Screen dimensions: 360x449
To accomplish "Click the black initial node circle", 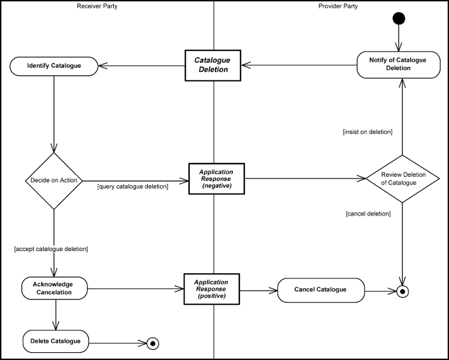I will (399, 19).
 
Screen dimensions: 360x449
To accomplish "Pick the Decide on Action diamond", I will (54, 180).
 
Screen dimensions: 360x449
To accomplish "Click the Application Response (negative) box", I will (216, 179).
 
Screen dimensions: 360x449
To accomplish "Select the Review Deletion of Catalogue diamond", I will (403, 179).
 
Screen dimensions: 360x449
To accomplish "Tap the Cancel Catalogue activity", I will (320, 290).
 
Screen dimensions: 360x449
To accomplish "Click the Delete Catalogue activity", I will (56, 341).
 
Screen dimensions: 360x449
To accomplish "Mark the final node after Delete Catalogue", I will (153, 343).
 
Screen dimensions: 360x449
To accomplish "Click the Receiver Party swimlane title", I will (96, 6).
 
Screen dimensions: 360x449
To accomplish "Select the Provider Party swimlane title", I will (338, 6).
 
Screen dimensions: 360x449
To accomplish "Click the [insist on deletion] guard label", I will (367, 131).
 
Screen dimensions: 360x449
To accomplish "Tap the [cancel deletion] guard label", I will (368, 213).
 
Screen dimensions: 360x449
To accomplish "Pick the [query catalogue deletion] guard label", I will (132, 186).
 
